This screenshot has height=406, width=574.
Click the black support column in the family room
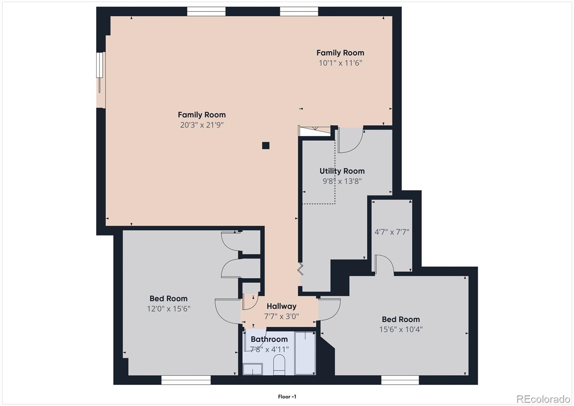coord(265,145)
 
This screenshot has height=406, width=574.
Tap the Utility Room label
coord(342,171)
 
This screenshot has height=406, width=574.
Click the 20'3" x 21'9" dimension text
coord(202,125)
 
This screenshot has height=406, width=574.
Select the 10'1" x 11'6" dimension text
coord(340,63)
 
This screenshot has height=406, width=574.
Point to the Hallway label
coord(281,306)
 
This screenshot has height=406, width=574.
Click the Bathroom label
coord(269,339)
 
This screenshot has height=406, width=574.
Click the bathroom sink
coord(253,369)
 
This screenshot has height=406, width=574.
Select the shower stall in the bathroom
coord(305,354)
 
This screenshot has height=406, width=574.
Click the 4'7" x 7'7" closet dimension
coord(392,232)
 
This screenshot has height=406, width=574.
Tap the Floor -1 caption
coord(287,397)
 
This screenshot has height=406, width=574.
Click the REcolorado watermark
coord(543,399)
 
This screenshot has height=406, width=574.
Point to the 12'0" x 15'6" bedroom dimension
coord(168,309)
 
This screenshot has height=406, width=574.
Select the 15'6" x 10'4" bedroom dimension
coord(401,330)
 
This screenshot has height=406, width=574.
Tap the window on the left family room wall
coord(100,65)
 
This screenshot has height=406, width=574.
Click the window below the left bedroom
coord(185,380)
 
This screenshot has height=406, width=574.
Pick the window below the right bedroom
coord(400,380)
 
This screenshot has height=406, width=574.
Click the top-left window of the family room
coord(206,11)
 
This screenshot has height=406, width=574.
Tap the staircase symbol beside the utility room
coord(315,131)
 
